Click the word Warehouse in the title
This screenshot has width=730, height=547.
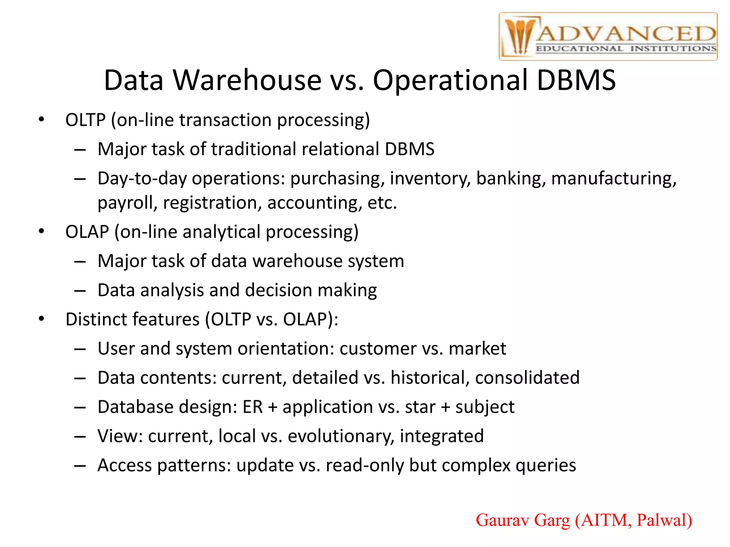247,80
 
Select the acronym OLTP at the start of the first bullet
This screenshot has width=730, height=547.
86,120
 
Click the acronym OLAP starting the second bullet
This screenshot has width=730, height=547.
87,232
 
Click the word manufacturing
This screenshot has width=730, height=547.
613,178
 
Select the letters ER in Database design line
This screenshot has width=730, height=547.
252,407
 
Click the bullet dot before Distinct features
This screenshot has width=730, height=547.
42,319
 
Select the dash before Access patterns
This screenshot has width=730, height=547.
80,466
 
